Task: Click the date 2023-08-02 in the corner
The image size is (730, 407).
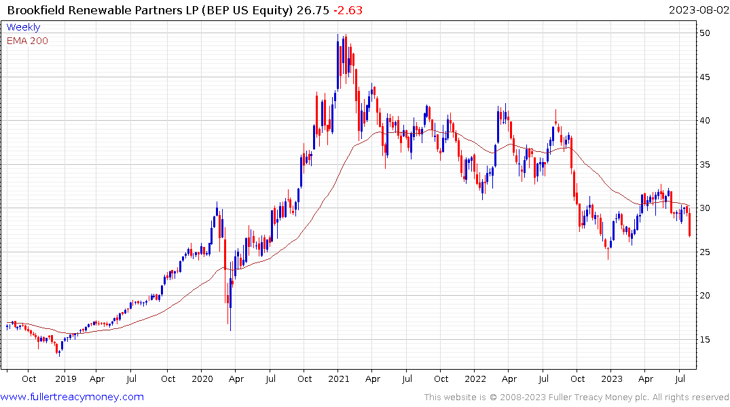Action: [698, 10]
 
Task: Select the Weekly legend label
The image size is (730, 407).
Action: [23, 28]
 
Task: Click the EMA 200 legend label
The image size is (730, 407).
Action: [27, 41]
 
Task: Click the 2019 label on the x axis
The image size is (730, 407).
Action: [65, 379]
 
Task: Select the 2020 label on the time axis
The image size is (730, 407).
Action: [202, 379]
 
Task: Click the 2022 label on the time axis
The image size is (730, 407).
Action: [475, 379]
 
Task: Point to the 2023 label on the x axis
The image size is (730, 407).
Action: [612, 379]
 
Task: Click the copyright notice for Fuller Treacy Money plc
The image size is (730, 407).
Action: [577, 398]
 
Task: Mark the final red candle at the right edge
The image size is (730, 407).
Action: [690, 225]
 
